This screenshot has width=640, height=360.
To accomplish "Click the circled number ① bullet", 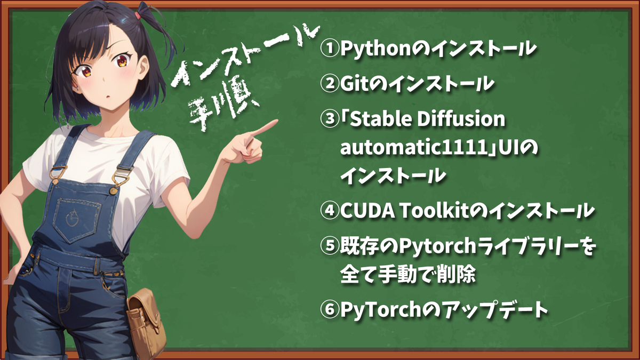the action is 330,49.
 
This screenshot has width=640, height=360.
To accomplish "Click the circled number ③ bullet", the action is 330,118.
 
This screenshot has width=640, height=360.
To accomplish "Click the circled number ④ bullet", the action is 330,210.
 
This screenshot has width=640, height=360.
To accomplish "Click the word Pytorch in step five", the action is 437,246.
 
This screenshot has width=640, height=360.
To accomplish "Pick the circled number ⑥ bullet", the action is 330,310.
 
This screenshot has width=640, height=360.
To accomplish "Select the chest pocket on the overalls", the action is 78,220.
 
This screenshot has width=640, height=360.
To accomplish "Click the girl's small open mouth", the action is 108,97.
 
